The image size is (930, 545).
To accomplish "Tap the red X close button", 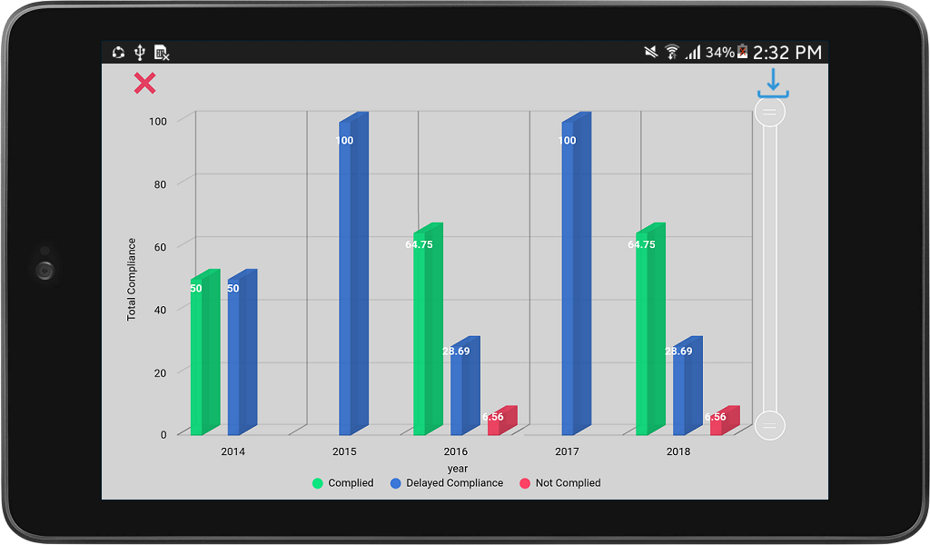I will (x=144, y=84).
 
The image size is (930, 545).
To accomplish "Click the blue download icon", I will (x=773, y=83).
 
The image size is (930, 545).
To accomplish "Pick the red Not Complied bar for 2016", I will (x=500, y=423).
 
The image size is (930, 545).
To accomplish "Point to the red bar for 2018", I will (x=722, y=423).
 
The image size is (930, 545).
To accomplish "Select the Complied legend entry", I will (x=342, y=483).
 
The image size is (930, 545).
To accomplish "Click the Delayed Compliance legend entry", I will (x=446, y=483).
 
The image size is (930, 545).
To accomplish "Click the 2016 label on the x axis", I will (x=455, y=451).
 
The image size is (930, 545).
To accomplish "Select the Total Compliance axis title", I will (x=132, y=279).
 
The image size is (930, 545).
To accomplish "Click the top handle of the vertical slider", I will (x=770, y=112).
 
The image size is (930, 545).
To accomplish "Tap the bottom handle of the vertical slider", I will (x=770, y=424).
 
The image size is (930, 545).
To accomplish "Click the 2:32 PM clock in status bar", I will (x=787, y=53).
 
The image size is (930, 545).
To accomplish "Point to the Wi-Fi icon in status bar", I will (x=672, y=53).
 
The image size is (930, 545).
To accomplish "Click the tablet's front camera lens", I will (x=45, y=270).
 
